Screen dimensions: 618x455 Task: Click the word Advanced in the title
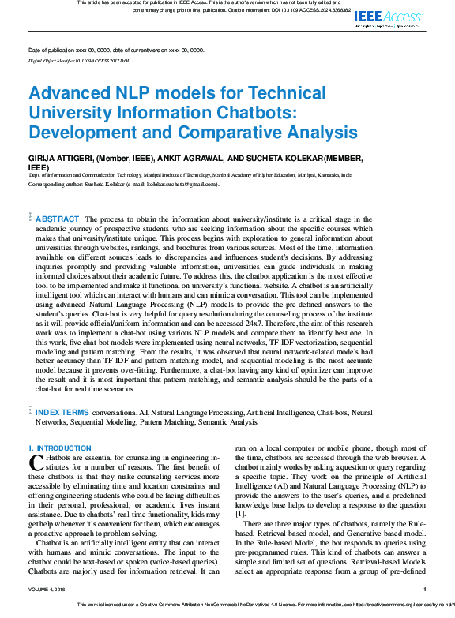pos(70,93)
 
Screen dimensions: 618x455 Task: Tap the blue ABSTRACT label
pos(58,219)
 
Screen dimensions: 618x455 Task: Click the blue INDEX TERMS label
pos(62,412)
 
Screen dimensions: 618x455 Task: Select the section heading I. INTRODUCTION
pos(60,448)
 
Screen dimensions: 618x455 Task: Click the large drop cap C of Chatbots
pos(35,462)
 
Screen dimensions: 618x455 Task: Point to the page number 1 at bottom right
pos(425,589)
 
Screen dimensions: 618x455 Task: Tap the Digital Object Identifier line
pos(78,59)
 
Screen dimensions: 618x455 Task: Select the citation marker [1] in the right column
pos(240,513)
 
